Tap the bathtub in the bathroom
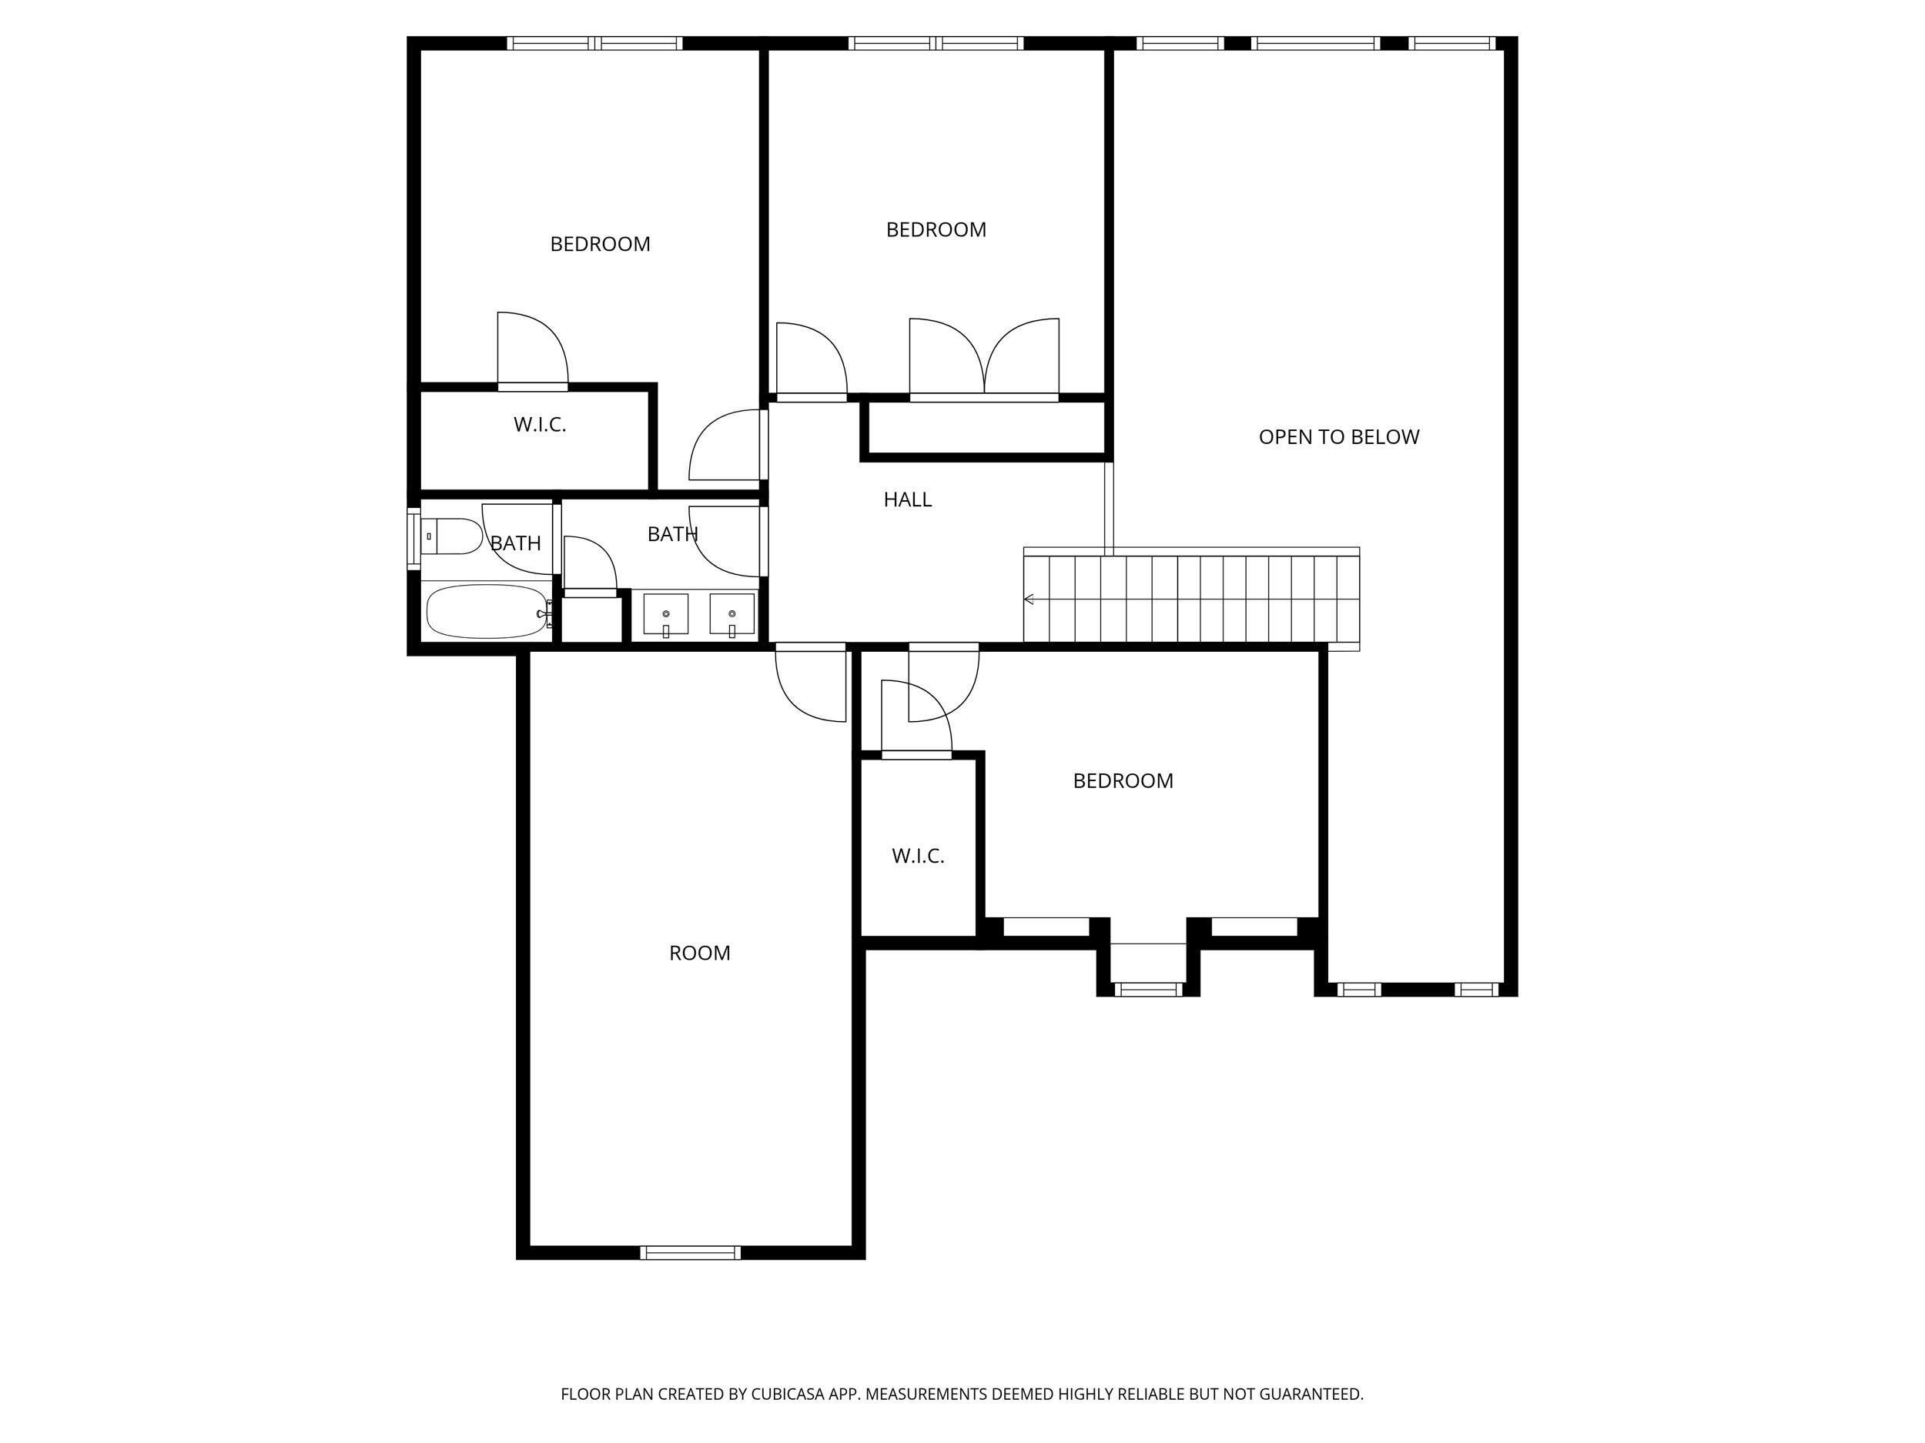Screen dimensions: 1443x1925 [x=486, y=612]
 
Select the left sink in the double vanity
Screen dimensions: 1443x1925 [x=666, y=615]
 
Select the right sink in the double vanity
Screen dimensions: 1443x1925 [x=731, y=615]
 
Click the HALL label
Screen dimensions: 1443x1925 [x=907, y=499]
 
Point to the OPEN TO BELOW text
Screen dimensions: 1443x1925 [x=1338, y=436]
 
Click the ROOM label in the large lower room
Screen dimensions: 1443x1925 [x=699, y=954]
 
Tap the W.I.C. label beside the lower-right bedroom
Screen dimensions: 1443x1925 [x=917, y=856]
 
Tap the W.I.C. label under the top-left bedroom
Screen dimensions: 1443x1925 [x=540, y=425]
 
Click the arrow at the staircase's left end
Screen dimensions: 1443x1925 [x=1029, y=600]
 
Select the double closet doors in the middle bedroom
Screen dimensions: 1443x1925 [x=984, y=359]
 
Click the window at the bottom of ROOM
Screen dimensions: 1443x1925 [x=690, y=1252]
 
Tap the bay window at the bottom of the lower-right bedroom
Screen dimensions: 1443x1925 [x=1148, y=989]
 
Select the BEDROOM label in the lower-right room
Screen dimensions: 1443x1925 [x=1123, y=781]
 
